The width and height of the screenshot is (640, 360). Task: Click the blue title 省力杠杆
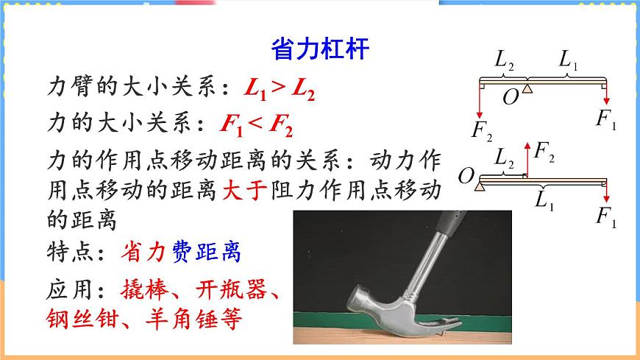(x=319, y=49)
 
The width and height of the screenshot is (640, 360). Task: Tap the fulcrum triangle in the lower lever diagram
(x=480, y=187)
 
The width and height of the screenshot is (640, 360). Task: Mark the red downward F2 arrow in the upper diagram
(x=480, y=103)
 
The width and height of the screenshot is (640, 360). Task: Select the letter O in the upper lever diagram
(x=510, y=97)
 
